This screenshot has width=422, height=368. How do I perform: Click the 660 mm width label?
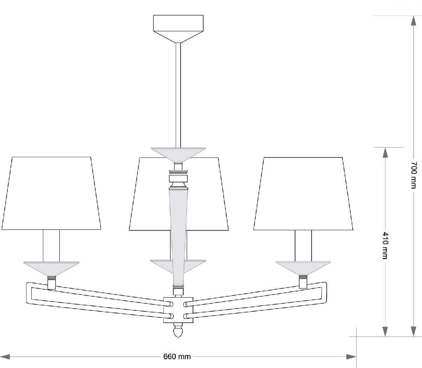(177, 357)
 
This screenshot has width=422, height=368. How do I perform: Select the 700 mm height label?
(413, 175)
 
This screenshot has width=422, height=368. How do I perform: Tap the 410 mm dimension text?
(385, 245)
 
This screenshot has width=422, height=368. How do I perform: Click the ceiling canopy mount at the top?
(178, 29)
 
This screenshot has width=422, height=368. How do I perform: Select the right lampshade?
(303, 194)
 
